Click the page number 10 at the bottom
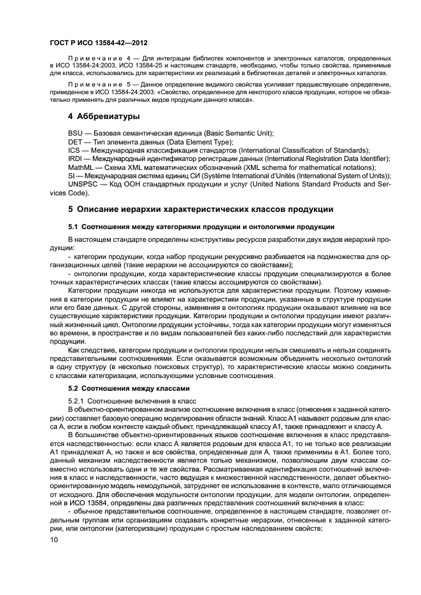click(x=54, y=539)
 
